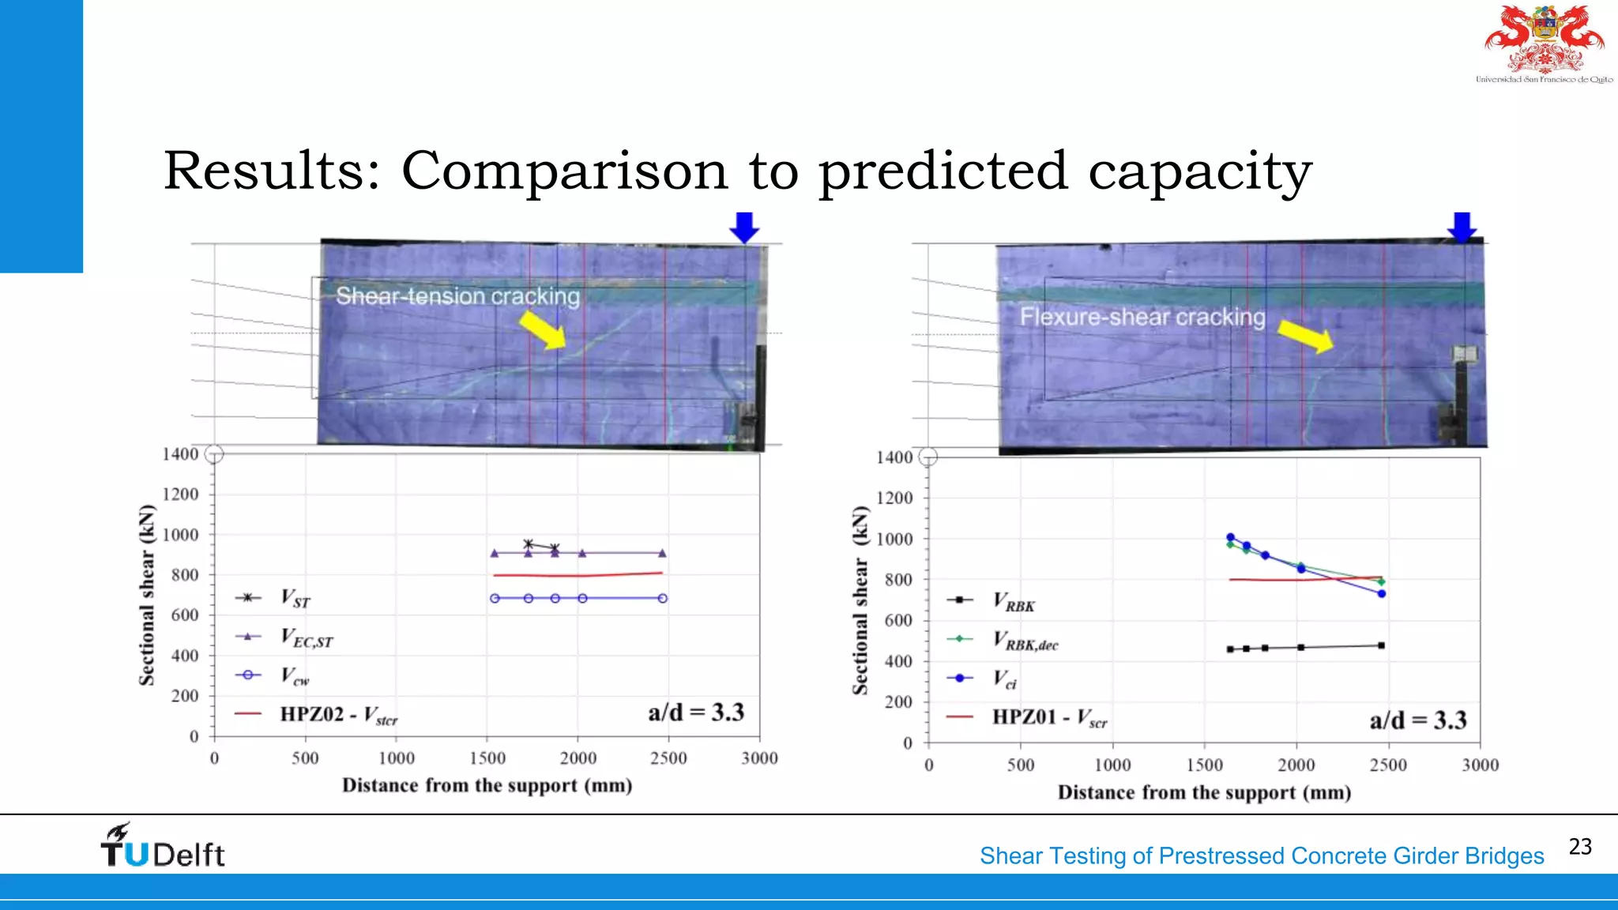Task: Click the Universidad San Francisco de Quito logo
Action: (x=1545, y=43)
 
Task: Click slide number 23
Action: (x=1580, y=847)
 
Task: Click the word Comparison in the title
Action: (x=564, y=171)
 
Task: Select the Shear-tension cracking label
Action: (x=457, y=296)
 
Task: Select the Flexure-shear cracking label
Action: (x=1142, y=317)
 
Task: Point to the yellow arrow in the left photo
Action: (x=544, y=329)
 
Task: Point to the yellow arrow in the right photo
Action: (x=1305, y=337)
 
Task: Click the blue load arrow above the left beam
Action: (x=744, y=227)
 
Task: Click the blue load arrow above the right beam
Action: (x=1462, y=227)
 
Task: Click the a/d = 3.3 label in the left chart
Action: (x=696, y=713)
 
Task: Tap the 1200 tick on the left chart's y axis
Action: (x=180, y=494)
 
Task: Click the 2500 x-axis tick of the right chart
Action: (x=1388, y=765)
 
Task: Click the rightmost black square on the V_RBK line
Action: (x=1381, y=645)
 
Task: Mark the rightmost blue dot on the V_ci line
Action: (x=1382, y=593)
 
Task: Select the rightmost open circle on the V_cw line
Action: (x=663, y=598)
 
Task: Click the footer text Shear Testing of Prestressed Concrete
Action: (x=1261, y=856)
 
